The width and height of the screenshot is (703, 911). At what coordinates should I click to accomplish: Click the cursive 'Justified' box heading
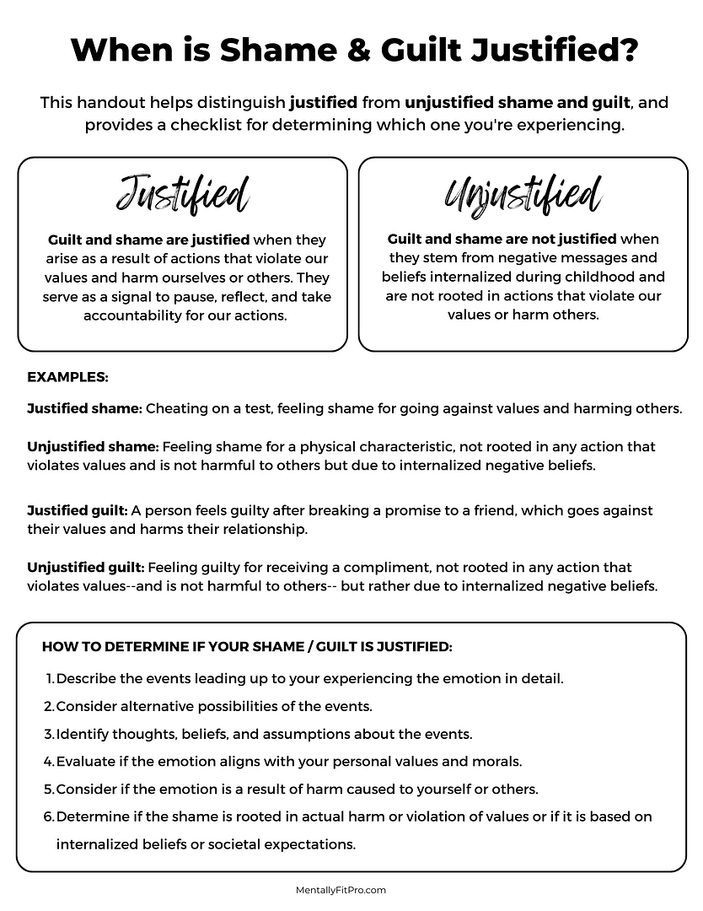click(x=182, y=195)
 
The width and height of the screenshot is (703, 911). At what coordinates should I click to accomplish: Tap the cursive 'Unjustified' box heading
click(x=523, y=195)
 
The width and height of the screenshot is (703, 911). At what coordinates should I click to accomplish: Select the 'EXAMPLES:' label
click(x=67, y=377)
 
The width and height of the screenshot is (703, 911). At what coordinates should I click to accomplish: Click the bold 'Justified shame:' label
click(x=84, y=408)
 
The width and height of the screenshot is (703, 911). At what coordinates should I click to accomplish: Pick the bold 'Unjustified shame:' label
click(x=93, y=446)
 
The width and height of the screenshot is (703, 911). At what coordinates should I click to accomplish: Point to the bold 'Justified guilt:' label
click(x=78, y=510)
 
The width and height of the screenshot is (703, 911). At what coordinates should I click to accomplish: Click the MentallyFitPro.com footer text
click(x=341, y=889)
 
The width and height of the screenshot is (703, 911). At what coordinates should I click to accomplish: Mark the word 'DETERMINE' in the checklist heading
click(x=127, y=647)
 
